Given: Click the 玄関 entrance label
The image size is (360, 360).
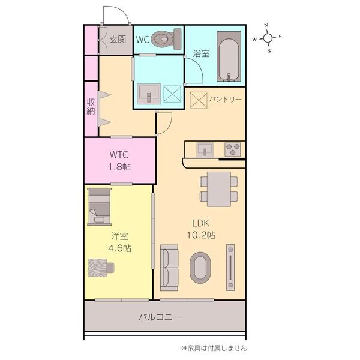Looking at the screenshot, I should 118,40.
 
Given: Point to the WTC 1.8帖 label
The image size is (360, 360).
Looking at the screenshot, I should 119,160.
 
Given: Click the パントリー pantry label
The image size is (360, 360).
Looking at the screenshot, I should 225,98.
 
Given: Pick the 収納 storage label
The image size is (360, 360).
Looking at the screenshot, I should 91,107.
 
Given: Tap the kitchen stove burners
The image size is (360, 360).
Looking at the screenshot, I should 232,148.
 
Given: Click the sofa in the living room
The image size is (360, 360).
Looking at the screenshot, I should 169,266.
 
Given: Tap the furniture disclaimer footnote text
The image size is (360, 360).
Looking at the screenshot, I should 214,347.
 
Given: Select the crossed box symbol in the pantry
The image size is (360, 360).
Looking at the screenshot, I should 198,98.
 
